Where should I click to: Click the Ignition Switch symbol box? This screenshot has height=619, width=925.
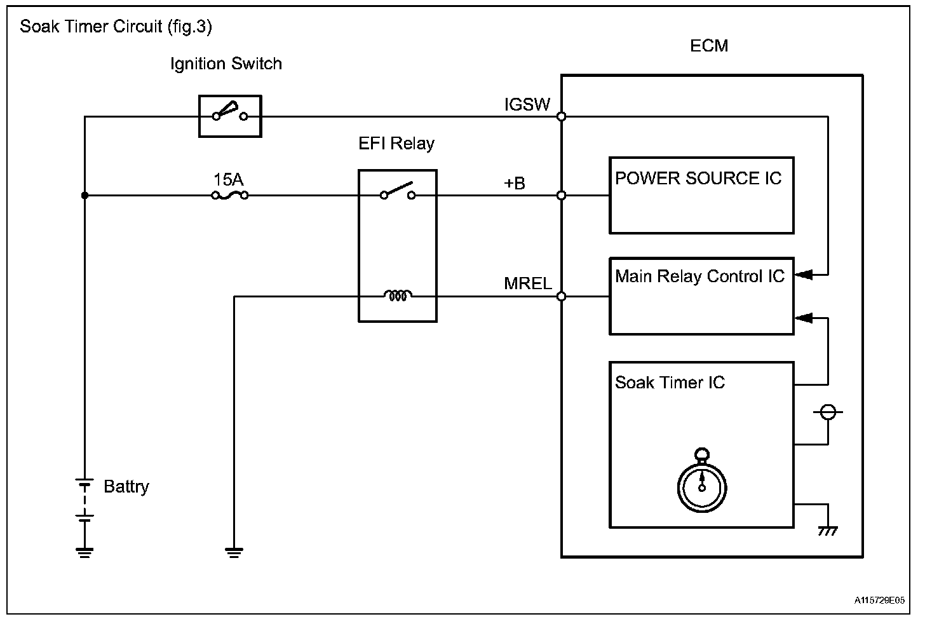tap(230, 116)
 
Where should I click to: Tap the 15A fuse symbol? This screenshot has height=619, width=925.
tap(229, 195)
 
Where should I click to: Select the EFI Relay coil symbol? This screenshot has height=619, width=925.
tap(398, 296)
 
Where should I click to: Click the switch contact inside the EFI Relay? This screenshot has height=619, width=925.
tap(398, 192)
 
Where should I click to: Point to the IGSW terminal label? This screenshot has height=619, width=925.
tap(527, 105)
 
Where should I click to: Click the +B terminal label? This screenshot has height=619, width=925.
tap(515, 184)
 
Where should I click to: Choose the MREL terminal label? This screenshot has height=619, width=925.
tap(527, 283)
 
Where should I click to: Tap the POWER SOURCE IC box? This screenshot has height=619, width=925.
tap(701, 196)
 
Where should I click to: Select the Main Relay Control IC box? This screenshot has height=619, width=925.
tap(701, 296)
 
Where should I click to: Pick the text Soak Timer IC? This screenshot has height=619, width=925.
tap(670, 383)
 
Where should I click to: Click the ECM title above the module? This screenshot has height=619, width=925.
tap(709, 46)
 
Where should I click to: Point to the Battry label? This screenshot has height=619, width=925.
tap(126, 487)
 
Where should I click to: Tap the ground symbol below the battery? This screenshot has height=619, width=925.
tap(84, 551)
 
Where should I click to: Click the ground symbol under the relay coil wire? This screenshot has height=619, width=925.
tap(234, 551)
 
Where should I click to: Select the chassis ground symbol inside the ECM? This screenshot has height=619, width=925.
tap(828, 529)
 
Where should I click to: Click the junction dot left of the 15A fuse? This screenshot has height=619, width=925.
tap(85, 196)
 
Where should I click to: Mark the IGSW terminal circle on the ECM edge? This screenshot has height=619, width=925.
tap(562, 117)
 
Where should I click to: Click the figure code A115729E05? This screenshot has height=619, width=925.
tap(879, 600)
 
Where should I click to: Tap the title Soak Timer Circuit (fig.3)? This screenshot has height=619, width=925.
tap(116, 27)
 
